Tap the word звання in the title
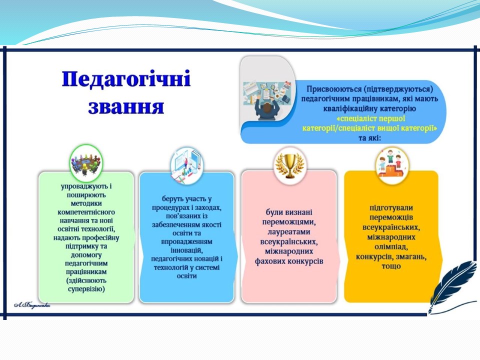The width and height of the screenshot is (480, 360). coord(126,106)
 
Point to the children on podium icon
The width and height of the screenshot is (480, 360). coord(391,165)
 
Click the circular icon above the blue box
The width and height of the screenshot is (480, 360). coord(187,165)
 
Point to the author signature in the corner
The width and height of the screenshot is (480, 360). coord(31,305)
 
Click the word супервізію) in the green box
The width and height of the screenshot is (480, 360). coord(86,289)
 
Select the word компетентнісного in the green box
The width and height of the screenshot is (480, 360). coord(86,212)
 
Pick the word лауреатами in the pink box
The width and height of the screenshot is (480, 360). coord(289,231)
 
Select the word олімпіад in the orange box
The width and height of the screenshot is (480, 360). coord(391,246)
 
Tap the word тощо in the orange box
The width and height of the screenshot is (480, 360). coord(391,266)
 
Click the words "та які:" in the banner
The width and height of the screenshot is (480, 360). coord(369,138)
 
